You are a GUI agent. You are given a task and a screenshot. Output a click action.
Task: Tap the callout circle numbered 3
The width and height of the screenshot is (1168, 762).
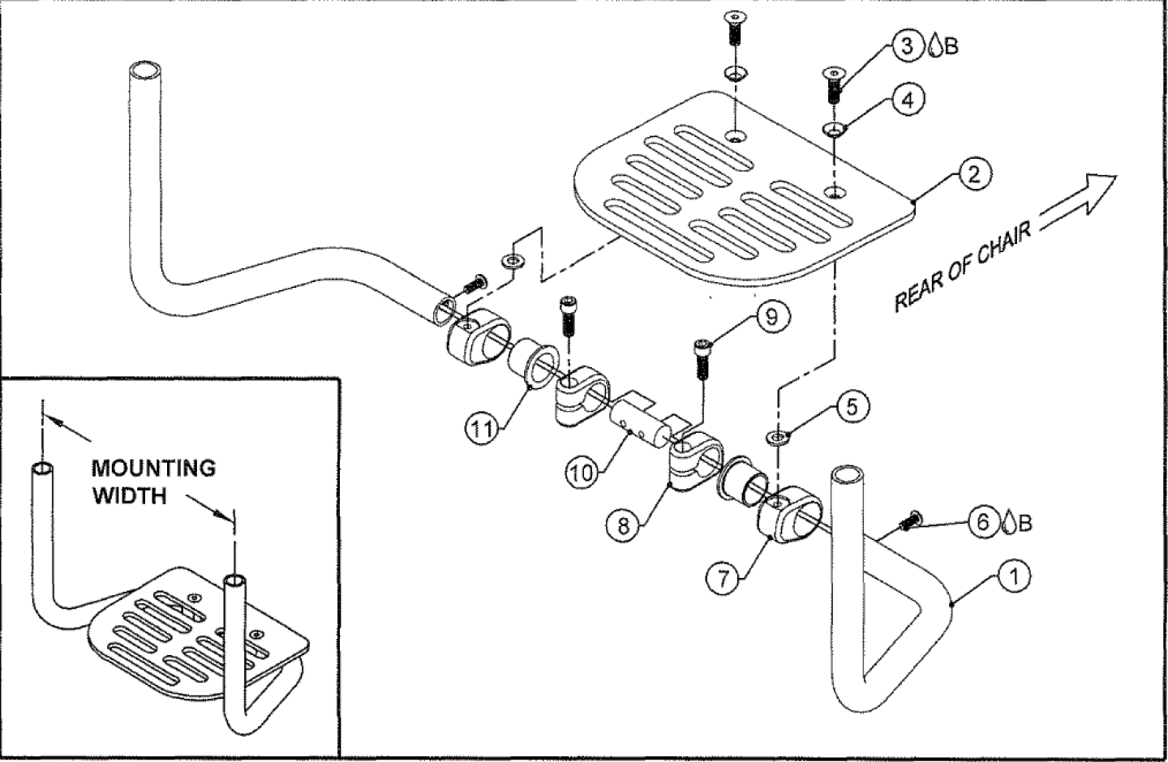[907, 45]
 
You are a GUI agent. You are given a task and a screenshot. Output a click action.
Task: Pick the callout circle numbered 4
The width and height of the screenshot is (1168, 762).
[908, 101]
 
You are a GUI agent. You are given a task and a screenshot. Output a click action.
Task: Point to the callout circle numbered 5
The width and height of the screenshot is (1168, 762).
[852, 406]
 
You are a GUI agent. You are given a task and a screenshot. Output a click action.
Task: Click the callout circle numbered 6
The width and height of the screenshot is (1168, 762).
[983, 521]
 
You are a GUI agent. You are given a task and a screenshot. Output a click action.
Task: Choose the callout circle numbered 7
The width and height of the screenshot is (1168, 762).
[721, 577]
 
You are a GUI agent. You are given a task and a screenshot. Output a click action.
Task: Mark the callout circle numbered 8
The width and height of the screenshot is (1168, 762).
[623, 526]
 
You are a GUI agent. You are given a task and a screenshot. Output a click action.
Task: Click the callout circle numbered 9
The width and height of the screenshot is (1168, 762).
[771, 317]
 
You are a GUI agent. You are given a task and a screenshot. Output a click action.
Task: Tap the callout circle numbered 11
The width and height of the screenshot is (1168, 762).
[483, 429]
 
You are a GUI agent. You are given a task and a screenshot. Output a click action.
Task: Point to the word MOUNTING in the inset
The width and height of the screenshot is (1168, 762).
[153, 469]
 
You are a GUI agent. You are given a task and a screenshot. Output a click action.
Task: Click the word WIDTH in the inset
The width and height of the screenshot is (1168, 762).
[130, 495]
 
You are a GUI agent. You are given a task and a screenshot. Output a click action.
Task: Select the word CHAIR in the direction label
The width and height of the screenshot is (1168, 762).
[1004, 250]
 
